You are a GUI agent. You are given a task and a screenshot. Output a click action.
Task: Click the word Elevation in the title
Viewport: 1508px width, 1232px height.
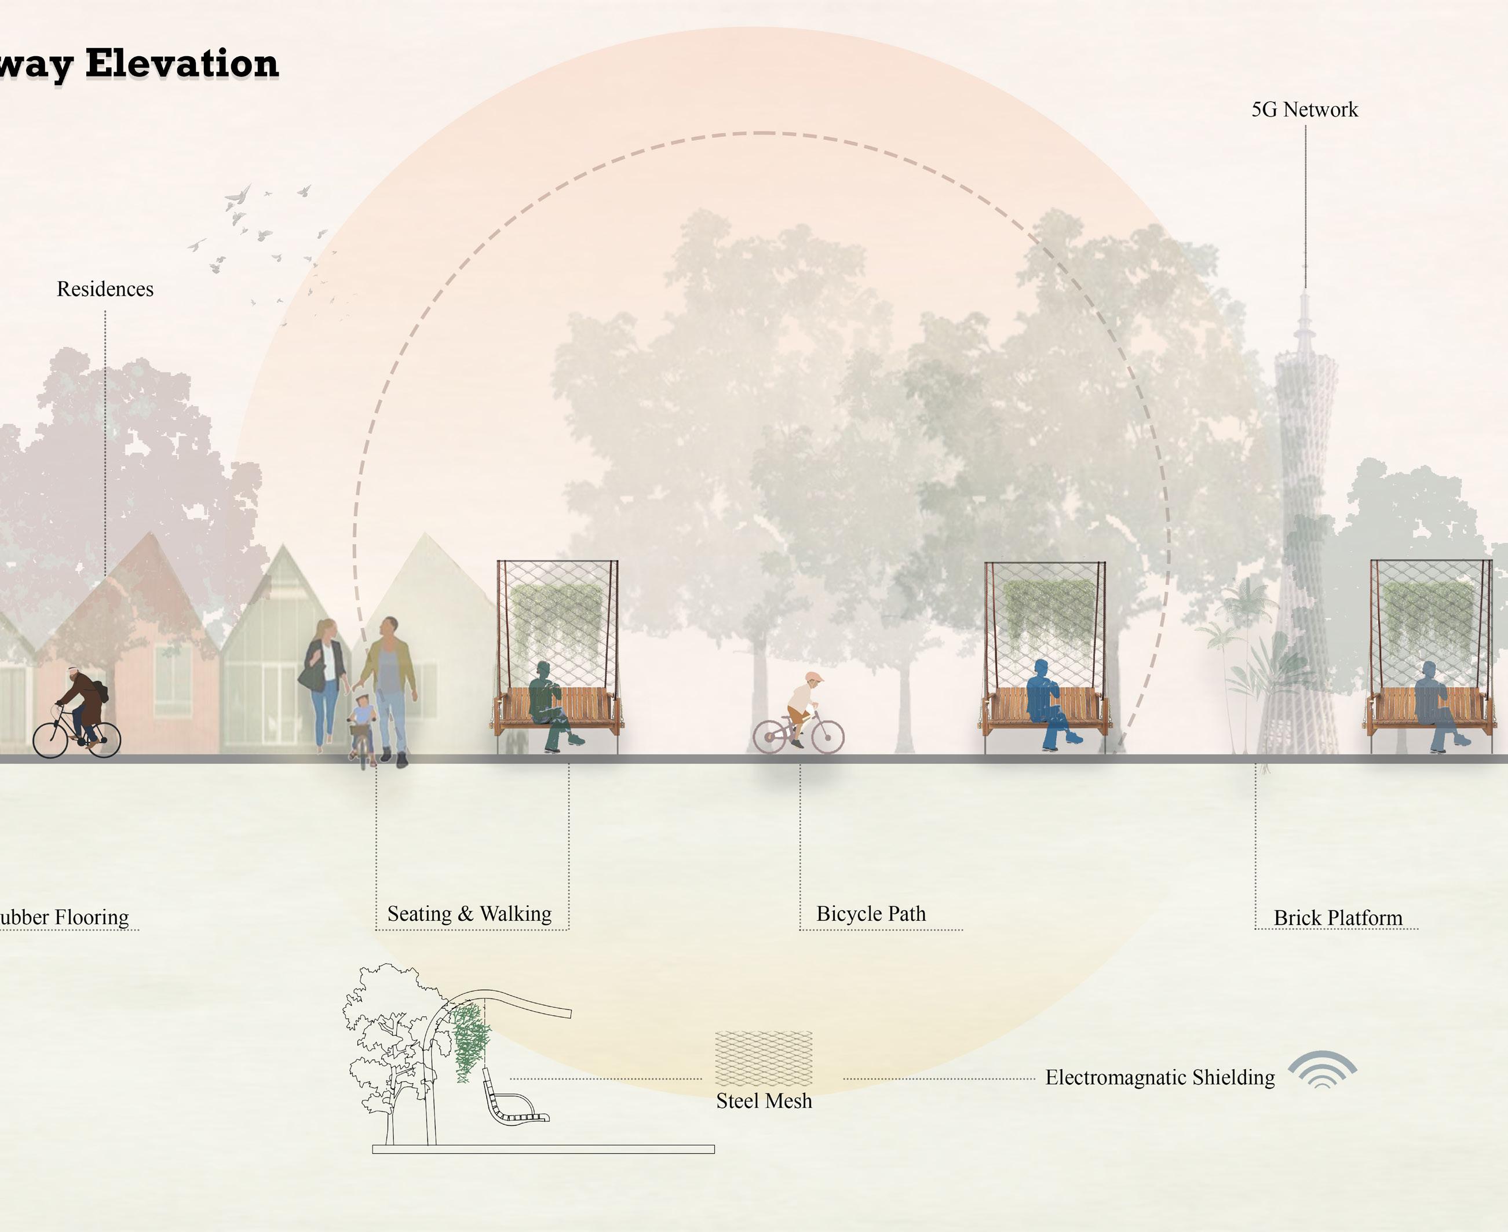click(x=181, y=64)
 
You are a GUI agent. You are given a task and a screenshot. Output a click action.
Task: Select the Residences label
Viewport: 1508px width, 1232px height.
click(x=105, y=289)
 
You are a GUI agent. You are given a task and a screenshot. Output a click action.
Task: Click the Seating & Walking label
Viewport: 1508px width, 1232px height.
click(x=469, y=913)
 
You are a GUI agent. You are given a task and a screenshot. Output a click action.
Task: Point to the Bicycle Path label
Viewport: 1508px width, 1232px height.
click(x=871, y=913)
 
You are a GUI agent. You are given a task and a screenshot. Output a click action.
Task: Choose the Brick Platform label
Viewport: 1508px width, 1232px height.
click(x=1338, y=917)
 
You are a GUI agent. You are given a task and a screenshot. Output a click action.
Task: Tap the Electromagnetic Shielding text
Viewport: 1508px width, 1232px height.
click(x=1160, y=1077)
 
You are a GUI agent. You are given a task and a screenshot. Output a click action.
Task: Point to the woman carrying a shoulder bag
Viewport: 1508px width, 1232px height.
click(x=325, y=681)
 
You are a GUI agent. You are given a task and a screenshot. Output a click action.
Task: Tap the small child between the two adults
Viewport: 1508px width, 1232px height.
click(x=362, y=724)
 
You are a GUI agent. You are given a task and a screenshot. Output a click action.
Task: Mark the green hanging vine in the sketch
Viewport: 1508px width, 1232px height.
click(x=470, y=1040)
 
